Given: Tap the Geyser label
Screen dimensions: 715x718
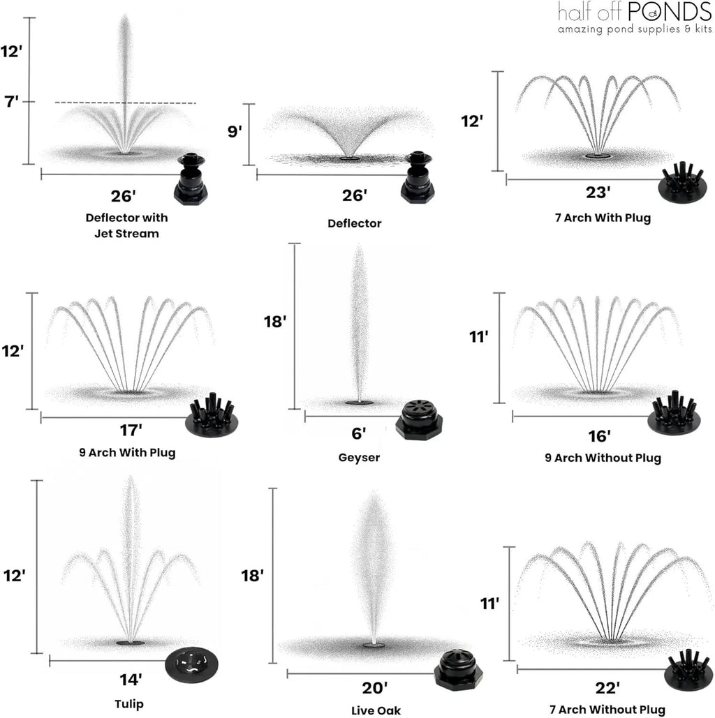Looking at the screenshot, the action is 359,458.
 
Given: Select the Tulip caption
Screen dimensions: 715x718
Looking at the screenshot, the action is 129,704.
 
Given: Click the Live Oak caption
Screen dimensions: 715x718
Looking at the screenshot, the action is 376,710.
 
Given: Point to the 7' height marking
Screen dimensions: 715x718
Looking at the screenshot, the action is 11,101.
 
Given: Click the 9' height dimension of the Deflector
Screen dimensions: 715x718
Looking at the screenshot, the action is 235,131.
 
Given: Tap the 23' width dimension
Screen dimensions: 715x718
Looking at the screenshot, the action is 598,193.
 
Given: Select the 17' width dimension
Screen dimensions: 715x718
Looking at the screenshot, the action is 131,431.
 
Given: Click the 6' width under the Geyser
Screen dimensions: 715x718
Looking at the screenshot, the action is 359,433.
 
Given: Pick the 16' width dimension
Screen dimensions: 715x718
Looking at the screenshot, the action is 600,436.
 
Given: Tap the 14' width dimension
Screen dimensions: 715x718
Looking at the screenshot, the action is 131,680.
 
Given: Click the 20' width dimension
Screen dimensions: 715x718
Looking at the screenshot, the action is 375,688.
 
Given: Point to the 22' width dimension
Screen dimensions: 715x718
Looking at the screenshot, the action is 607,688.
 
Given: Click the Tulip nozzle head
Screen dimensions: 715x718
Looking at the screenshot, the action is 191,664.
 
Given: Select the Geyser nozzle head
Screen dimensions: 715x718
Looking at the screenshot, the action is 419,420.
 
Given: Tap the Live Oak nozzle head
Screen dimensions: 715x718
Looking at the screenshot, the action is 458,670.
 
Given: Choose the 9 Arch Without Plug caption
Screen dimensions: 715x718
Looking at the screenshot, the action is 603,458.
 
